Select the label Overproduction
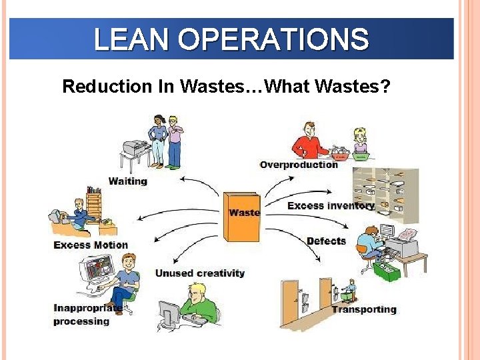299,165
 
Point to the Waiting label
127,181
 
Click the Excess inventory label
331,205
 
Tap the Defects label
326,241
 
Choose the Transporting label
364,309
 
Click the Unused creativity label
200,273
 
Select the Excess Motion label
91,245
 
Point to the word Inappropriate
87,308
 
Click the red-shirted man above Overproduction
309,142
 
